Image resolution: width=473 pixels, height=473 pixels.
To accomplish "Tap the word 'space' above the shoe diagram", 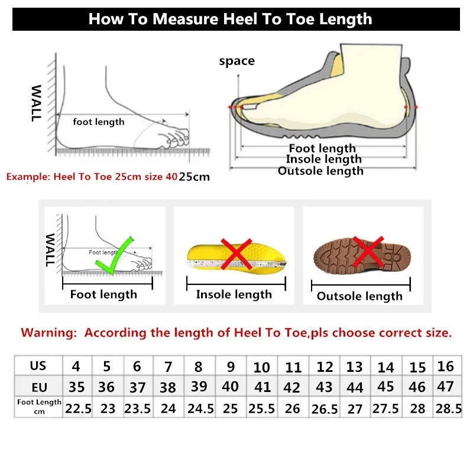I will point(237,61).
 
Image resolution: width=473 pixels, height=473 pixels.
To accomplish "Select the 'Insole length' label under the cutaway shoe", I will point(323,159).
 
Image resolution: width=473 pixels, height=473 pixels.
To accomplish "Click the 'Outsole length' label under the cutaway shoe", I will point(320,171).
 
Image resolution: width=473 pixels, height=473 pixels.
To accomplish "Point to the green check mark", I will point(117,255).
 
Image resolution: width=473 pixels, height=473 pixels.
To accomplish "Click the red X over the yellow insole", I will point(236,254).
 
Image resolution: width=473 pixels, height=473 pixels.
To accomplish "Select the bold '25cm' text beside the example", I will point(195,177).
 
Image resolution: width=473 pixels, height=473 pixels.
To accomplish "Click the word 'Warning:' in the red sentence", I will point(48,333).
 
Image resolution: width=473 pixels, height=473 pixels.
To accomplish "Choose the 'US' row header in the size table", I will point(38,365).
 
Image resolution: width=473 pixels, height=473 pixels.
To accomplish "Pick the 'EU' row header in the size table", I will point(38,387).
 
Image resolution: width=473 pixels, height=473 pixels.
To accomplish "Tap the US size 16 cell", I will point(445,366).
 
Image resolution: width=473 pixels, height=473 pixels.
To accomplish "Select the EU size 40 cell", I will point(230,387).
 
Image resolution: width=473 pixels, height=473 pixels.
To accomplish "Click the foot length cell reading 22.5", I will point(77,409).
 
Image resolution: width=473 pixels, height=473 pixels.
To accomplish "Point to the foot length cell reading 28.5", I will point(448,409).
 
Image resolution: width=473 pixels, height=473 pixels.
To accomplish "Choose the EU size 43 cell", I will point(325,388).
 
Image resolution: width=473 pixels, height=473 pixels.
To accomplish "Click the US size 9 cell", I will point(231,367).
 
